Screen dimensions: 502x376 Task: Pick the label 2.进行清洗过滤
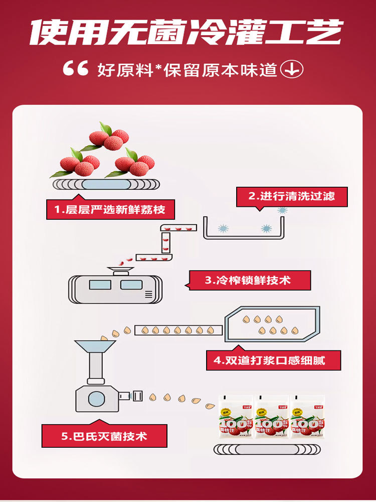292,196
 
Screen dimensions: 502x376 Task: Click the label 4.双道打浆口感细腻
266,360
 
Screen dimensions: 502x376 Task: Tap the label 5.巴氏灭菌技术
105,436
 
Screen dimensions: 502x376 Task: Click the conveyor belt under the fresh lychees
105,184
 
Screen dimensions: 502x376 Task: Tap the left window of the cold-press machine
100,285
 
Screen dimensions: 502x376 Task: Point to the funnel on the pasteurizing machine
95,347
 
